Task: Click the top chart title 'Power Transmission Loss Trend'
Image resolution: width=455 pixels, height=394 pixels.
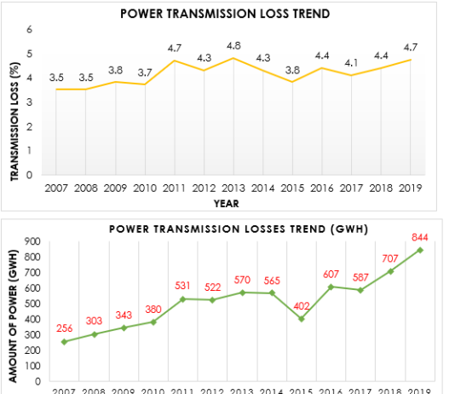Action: pyautogui.click(x=224, y=14)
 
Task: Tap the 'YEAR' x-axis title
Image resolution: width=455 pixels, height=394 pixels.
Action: pyautogui.click(x=227, y=203)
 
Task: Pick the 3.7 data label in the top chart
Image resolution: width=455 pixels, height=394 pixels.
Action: pyautogui.click(x=145, y=72)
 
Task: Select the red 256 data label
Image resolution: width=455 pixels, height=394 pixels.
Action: pyautogui.click(x=64, y=327)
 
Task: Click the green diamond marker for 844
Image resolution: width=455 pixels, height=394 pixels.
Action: pyautogui.click(x=420, y=250)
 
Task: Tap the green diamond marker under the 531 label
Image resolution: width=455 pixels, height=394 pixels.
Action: pyautogui.click(x=182, y=298)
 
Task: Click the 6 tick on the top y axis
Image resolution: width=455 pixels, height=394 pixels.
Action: pyautogui.click(x=30, y=30)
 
